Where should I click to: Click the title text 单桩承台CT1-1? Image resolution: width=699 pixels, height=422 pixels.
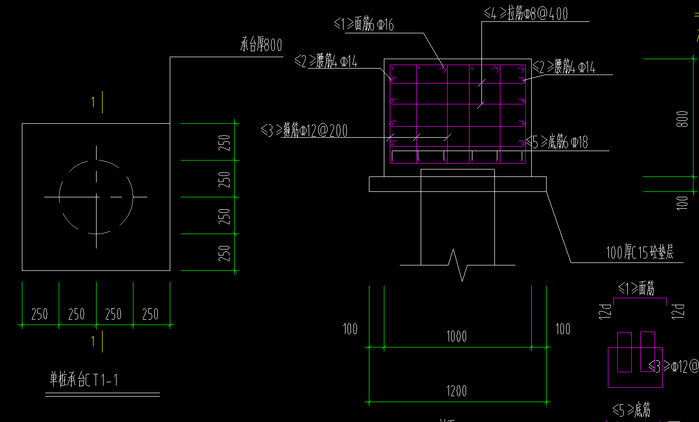coord(84,380)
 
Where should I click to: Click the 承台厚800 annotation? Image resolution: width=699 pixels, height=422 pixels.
coord(261,46)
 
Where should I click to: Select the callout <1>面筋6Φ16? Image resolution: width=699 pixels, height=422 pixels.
coord(364,24)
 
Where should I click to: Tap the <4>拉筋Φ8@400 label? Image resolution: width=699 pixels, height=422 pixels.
coord(526,13)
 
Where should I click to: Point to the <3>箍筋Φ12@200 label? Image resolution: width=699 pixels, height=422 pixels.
coord(304,131)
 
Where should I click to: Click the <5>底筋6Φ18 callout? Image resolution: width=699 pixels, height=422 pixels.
coord(558,143)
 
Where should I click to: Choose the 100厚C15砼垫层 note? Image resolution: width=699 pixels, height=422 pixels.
coord(639,253)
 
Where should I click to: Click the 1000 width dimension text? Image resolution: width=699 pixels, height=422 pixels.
coord(457,337)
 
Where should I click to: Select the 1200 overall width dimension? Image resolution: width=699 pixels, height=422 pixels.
coord(457,391)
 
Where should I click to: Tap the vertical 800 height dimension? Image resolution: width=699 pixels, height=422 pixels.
coord(683,119)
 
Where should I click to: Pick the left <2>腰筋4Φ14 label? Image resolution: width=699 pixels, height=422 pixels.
coord(326,62)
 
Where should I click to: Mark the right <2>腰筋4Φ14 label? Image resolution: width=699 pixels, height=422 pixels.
coord(564,67)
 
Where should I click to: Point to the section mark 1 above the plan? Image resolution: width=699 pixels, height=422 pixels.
coord(93,102)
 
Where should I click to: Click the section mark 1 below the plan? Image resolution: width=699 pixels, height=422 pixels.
coord(93,341)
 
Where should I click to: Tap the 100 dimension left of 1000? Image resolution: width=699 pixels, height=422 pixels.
coord(350,329)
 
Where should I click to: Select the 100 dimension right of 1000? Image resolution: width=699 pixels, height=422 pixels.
coord(563,329)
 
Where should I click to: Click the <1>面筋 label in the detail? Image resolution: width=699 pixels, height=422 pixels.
coord(636,288)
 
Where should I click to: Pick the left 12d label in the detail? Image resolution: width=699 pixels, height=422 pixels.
coord(605,311)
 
